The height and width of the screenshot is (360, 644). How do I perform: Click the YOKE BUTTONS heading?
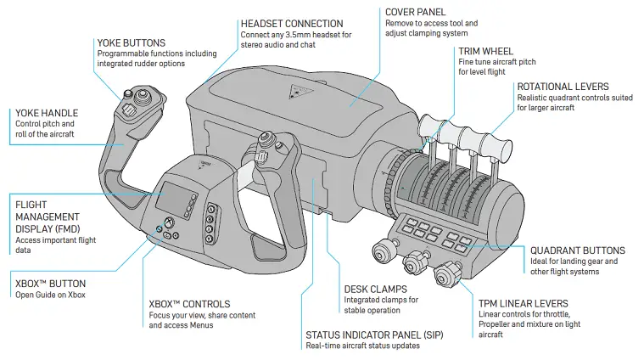[x=131, y=42]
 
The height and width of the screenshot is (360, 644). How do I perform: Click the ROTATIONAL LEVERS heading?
[x=563, y=87]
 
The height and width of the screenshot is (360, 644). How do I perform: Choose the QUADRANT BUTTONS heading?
[x=577, y=250]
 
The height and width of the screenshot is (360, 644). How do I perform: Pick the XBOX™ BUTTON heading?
[x=50, y=283]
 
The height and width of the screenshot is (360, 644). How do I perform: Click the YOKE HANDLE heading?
[x=48, y=112]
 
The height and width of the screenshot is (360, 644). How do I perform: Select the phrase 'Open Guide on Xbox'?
[x=50, y=295]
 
